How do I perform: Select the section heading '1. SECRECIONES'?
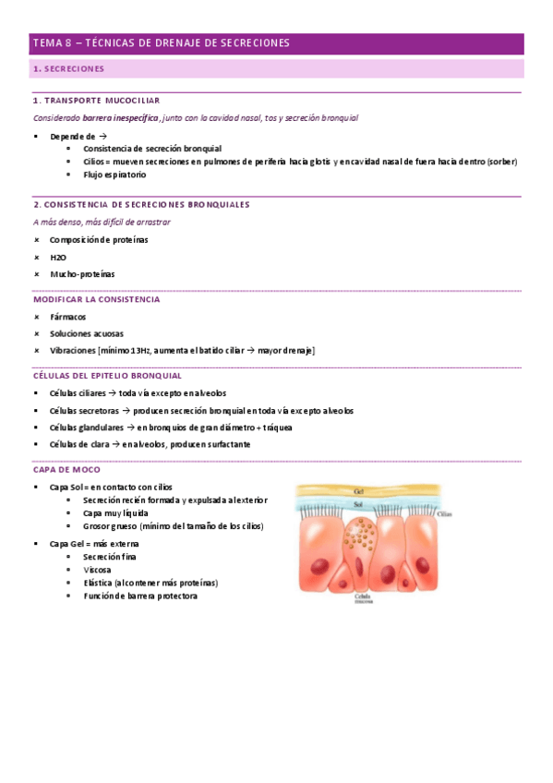68,69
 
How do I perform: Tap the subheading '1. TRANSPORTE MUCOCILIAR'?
96,100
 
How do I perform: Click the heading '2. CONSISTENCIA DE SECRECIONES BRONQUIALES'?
141,204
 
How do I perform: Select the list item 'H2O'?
58,257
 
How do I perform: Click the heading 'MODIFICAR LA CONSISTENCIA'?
96,299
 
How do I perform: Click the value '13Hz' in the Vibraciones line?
140,350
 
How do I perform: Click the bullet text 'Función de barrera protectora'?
139,596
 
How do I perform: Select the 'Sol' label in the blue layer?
357,505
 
